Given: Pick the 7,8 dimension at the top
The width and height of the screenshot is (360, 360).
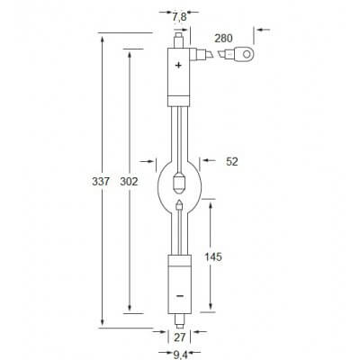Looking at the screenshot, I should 180,15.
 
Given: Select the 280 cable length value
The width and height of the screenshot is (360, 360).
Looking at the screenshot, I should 225,37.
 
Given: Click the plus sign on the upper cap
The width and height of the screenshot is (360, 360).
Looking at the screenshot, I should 177,66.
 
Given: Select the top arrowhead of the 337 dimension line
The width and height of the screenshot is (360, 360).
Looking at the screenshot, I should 101,36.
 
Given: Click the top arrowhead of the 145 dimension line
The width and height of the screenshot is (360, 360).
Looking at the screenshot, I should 213,203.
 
